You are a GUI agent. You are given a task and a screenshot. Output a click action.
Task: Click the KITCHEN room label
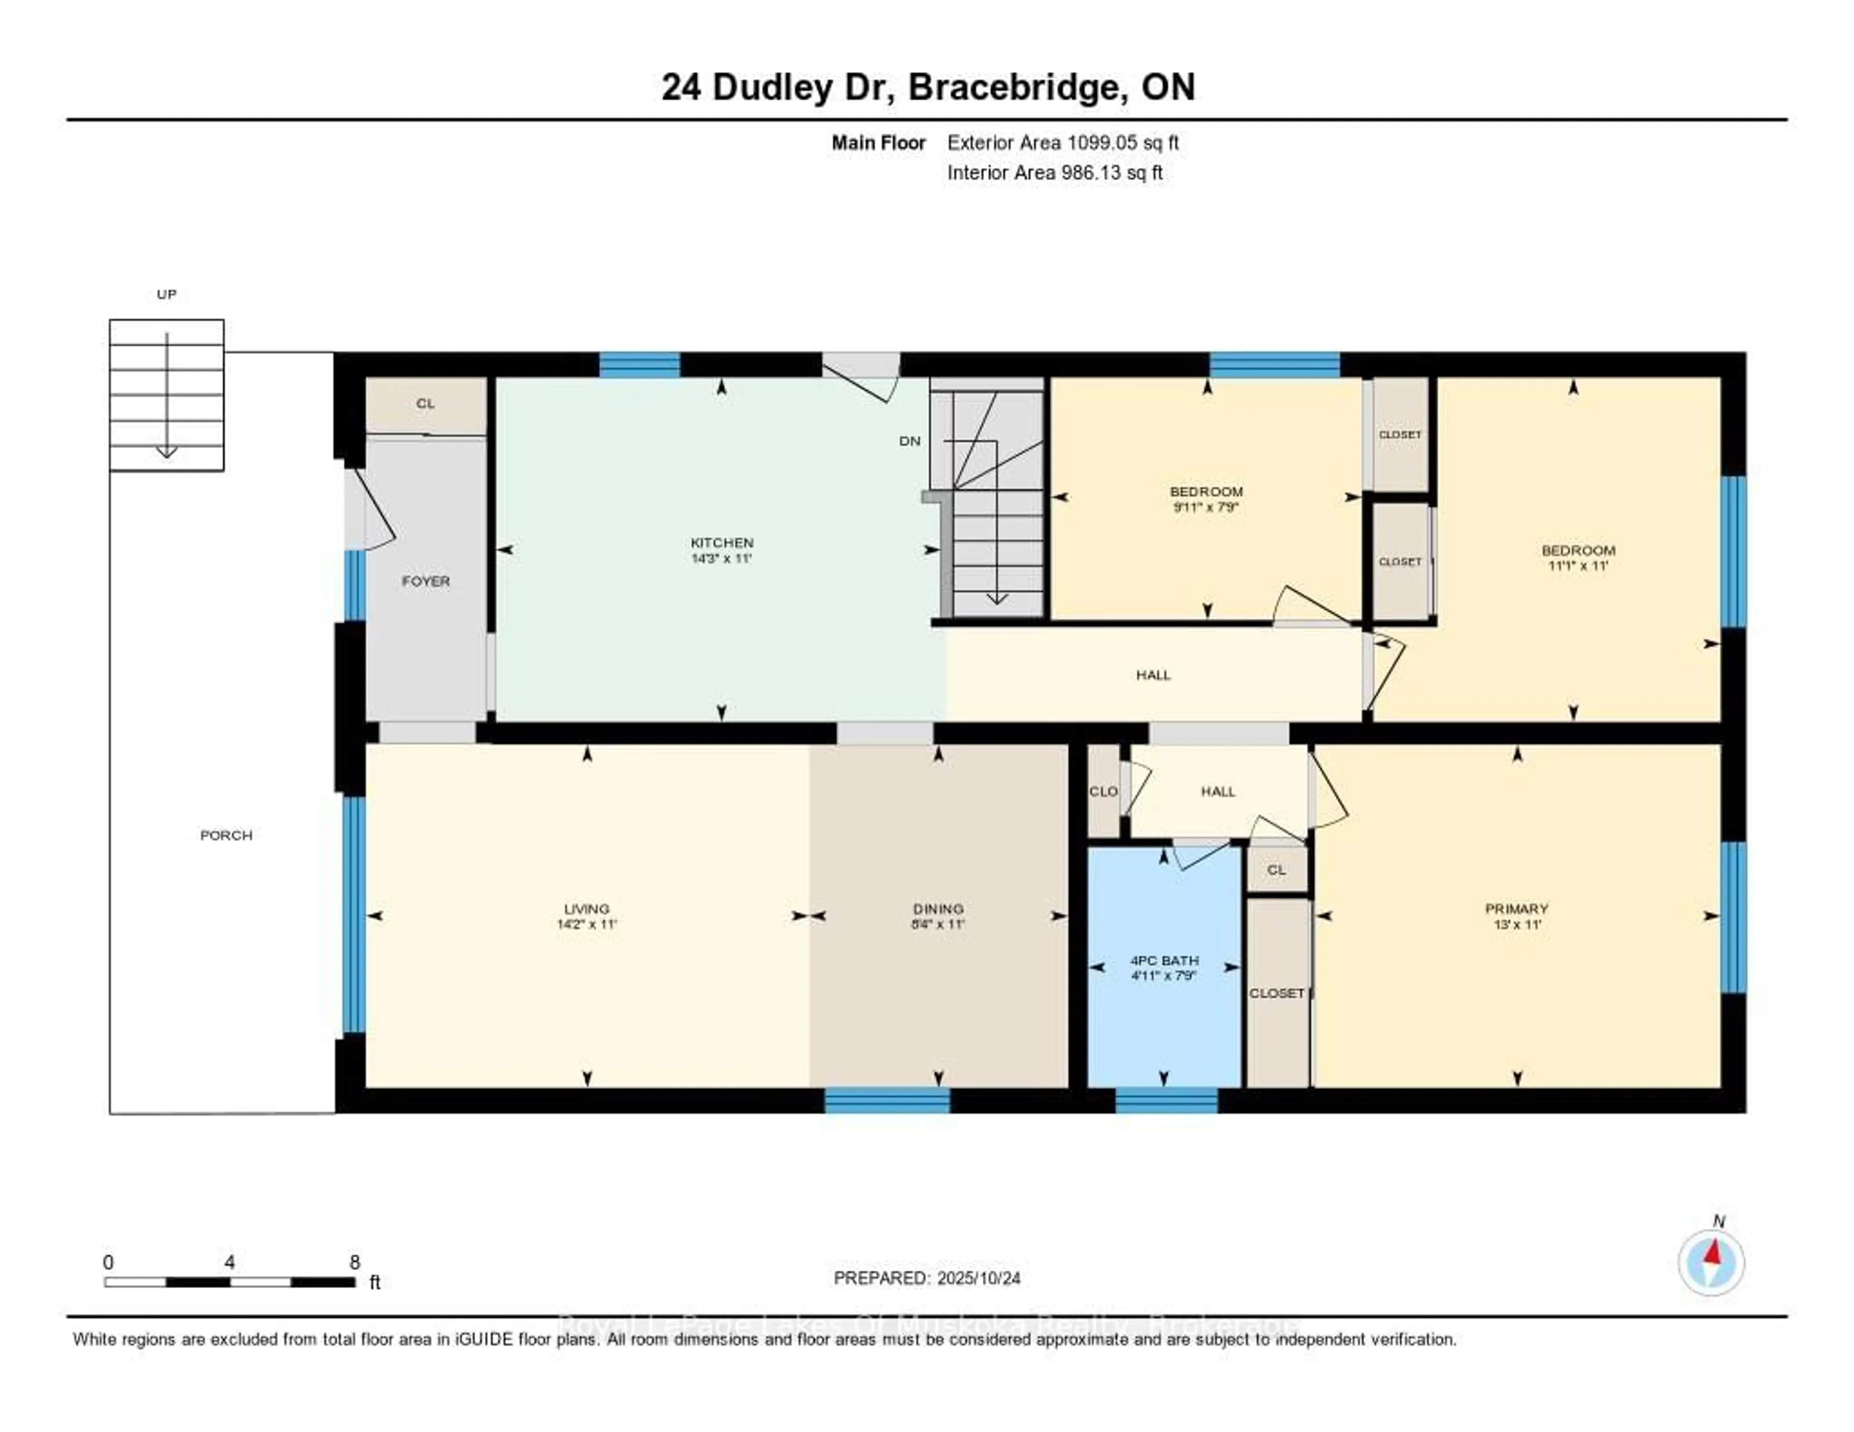722,542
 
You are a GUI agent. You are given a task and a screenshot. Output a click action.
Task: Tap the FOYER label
425,581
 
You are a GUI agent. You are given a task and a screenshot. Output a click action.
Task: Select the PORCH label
226,835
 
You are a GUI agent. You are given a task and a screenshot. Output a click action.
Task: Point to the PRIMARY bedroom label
1516,908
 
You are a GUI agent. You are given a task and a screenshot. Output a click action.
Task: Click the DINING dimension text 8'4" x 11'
938,925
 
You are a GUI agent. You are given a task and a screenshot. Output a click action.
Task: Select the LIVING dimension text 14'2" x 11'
587,925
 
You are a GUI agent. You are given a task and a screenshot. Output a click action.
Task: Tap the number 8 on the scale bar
355,1262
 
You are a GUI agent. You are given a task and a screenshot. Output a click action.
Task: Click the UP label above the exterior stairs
167,295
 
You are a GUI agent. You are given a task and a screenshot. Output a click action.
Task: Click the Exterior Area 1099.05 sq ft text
1063,142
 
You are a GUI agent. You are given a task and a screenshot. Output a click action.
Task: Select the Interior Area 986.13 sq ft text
1054,173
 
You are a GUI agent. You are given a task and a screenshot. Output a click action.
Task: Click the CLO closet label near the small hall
1103,791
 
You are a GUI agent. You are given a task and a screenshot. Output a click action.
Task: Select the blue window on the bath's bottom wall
1166,1101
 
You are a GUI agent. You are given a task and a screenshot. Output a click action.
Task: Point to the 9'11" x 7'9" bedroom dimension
1206,507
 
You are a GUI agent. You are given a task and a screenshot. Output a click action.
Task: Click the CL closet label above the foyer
425,404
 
